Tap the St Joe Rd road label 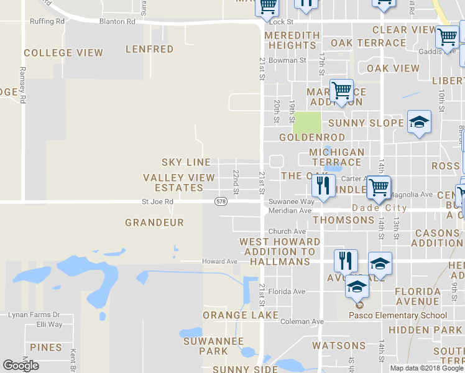point(157,201)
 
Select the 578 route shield point(221,201)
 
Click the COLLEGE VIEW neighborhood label point(63,53)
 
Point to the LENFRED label point(149,48)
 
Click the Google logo point(21,366)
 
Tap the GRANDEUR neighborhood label point(154,222)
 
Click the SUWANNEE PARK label point(205,346)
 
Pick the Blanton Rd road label point(117,21)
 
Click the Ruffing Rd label point(47,21)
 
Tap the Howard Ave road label point(220,262)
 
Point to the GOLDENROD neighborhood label point(303,137)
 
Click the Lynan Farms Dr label point(34,315)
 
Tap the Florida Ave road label point(287,291)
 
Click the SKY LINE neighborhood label point(186,162)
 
